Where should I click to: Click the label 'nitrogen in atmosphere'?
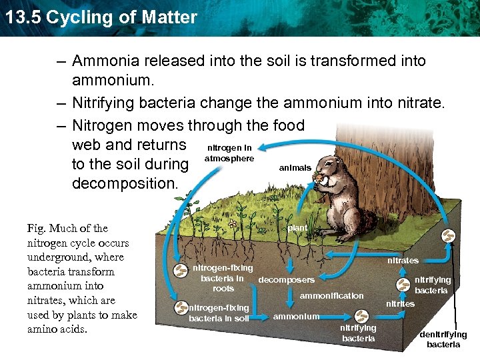[230, 153]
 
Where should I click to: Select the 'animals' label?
[295, 168]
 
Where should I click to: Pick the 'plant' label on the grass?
[297, 228]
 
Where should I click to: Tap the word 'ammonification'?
[332, 295]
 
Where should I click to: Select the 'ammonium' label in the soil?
[296, 316]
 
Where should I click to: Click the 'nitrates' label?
[403, 260]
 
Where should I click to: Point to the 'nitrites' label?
[400, 304]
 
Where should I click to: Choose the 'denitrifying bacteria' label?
[443, 339]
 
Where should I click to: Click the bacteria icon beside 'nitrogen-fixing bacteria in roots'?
[181, 271]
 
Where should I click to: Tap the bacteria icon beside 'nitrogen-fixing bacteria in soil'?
[181, 307]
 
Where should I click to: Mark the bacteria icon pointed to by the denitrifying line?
[450, 237]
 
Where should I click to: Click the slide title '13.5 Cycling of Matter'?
[101, 17]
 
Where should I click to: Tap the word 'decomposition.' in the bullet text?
[125, 183]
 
